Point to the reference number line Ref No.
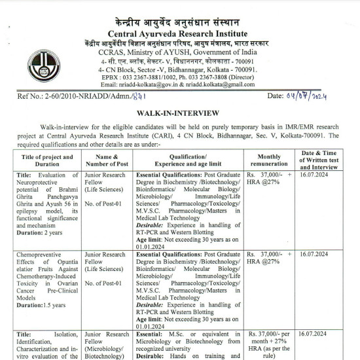pos(78,97)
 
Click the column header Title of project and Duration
pos(48,161)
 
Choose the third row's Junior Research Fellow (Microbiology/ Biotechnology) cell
pos(107,345)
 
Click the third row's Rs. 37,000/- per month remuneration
pos(269,339)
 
